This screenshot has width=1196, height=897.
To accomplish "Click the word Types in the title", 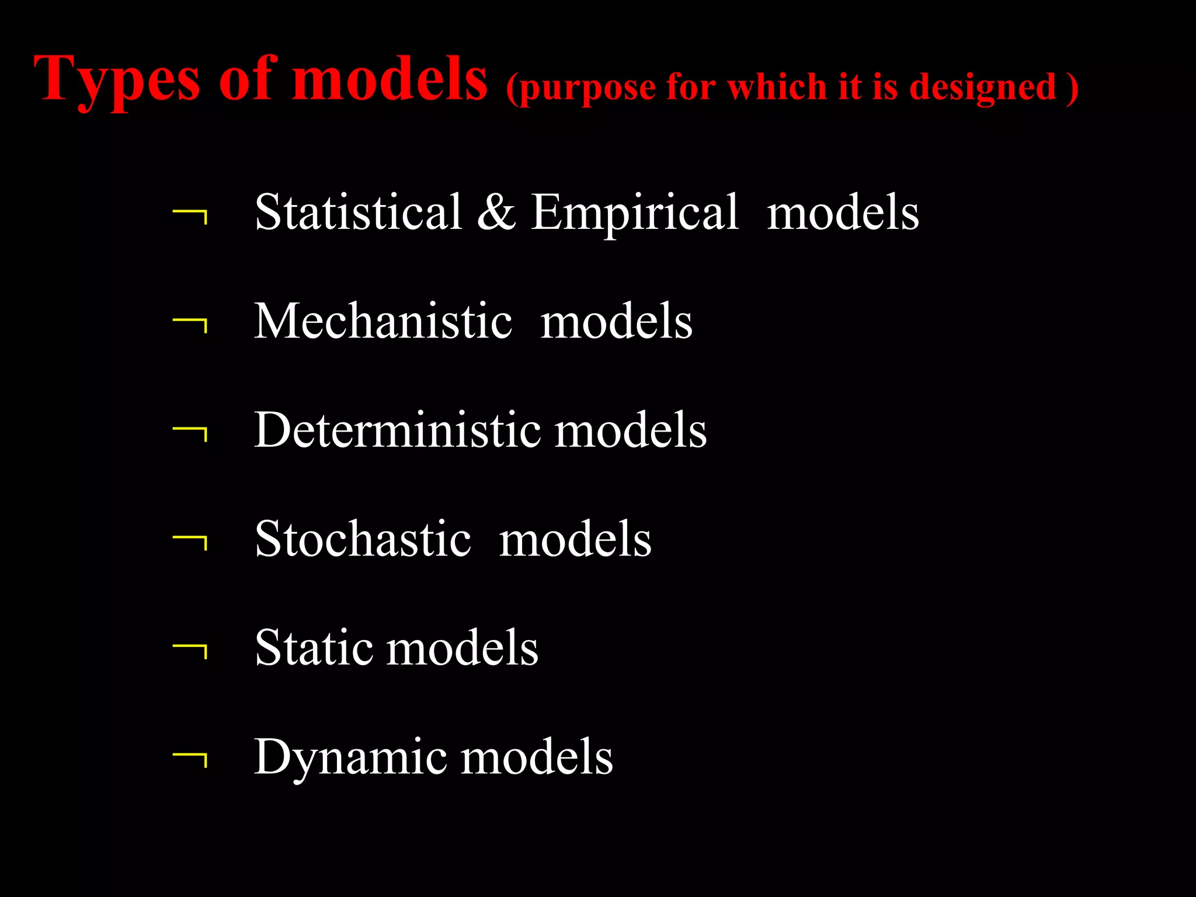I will pos(117,79).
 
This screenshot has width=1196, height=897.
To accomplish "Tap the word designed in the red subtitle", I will pos(983,88).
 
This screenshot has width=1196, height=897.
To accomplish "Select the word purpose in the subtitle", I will pos(586,89).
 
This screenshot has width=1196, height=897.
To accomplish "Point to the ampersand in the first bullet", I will pos(496,211).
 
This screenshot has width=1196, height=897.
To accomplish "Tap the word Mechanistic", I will pos(383,321).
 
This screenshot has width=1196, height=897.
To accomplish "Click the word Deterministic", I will pos(397,430).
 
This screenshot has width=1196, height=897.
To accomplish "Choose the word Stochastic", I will pos(363,538).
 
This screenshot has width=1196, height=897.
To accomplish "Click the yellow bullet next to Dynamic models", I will pos(190,760).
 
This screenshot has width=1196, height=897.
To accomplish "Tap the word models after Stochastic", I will pos(575,538).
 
